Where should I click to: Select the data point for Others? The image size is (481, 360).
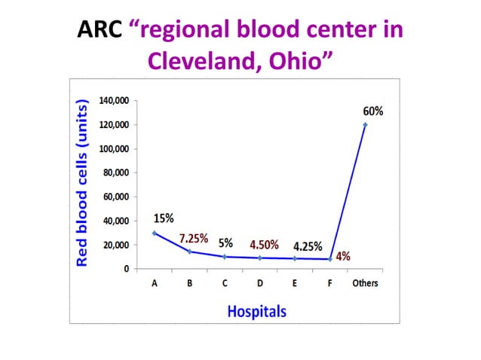coord(365,125)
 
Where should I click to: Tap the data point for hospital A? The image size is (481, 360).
coord(154,233)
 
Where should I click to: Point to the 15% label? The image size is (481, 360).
coord(164,218)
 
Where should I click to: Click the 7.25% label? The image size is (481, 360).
coord(195,238)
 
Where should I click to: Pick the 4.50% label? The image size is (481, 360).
coord(264,245)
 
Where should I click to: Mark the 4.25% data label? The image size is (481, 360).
coord(308,246)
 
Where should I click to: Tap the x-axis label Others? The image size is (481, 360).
coord(365,284)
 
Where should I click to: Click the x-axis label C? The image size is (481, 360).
coord(225,284)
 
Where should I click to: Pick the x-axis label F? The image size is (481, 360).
coord(330,284)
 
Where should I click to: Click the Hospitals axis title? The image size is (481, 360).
coord(257,310)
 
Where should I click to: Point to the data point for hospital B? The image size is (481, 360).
coord(189,252)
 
